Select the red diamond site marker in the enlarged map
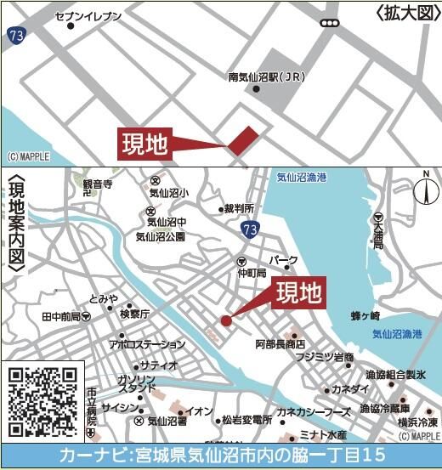click(x=241, y=139)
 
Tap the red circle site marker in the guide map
click(x=226, y=320)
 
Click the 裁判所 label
click(x=239, y=208)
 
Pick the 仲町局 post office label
click(x=252, y=273)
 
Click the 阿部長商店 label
click(x=280, y=344)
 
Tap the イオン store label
click(x=200, y=411)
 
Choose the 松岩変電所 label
click(x=246, y=420)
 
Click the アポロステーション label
click(x=145, y=344)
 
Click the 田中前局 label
click(x=60, y=317)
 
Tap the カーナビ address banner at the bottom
click(x=221, y=456)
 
